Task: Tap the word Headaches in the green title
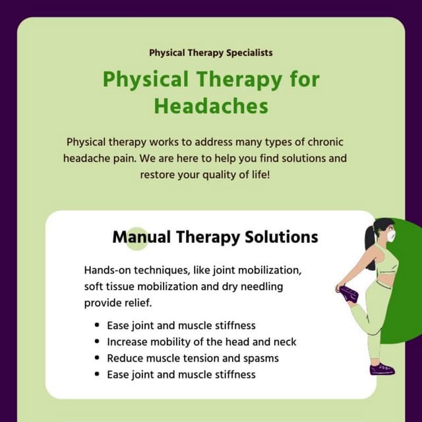211,106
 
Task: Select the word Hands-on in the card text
106,271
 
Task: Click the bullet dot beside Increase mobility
97,342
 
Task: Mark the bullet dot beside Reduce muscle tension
97,359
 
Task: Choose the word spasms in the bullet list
261,359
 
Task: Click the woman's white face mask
390,235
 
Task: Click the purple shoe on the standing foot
382,369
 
